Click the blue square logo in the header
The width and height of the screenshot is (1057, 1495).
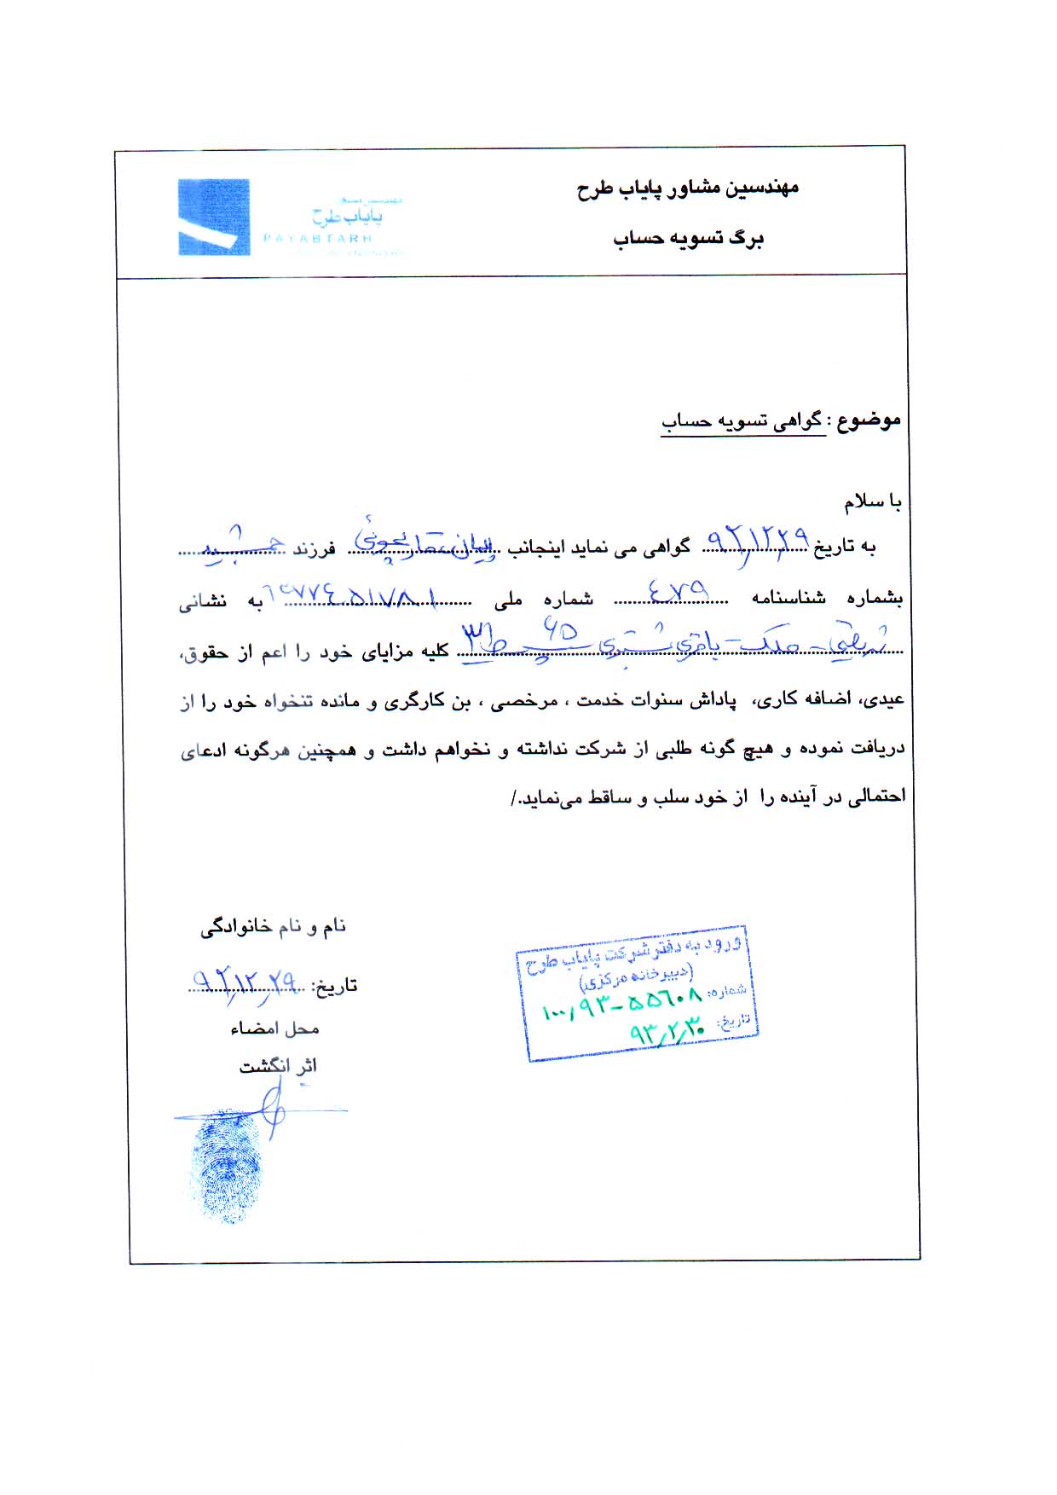pos(213,217)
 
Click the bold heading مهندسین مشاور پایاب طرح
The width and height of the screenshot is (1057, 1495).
pos(687,188)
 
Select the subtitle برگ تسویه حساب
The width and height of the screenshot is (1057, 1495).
pos(688,239)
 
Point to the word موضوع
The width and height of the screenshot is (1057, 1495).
pos(869,420)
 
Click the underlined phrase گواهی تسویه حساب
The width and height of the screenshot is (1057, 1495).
pos(742,421)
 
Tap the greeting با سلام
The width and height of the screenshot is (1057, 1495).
pos(873,503)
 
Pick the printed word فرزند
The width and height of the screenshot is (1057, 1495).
pos(314,549)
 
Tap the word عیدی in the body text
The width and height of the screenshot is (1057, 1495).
pos(886,702)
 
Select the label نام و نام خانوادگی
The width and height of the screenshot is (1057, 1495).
pos(273,927)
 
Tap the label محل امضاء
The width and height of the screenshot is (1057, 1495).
pos(274,1029)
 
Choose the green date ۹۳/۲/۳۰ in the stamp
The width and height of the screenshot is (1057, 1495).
pos(668,1032)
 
